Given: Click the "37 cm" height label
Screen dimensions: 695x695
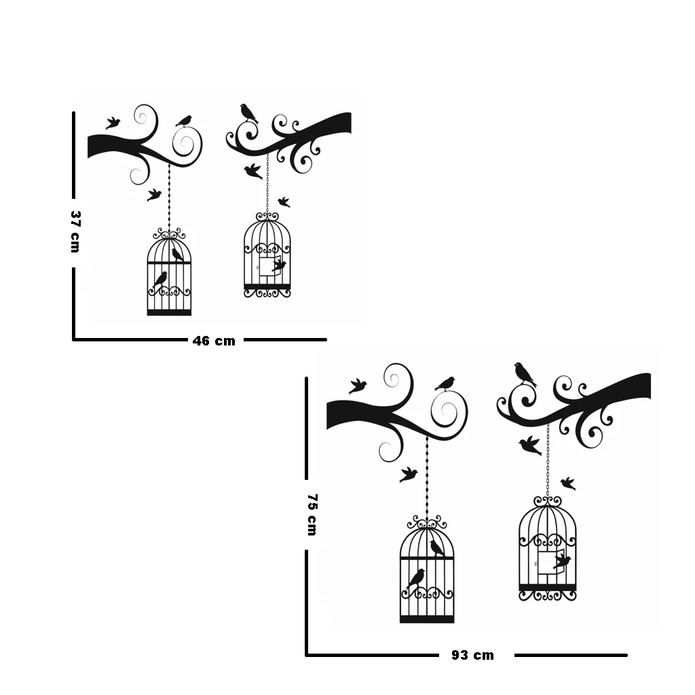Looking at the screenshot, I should (75, 231).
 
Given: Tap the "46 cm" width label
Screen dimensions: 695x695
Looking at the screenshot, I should (214, 341).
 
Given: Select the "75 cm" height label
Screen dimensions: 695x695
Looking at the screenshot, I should (312, 514).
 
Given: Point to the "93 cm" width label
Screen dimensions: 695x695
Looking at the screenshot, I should (472, 655).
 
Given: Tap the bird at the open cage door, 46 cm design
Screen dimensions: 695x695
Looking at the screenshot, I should (279, 265).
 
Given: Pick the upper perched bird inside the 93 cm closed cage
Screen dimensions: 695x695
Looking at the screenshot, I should (437, 548).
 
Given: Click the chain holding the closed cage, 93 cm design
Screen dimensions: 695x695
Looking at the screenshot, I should (427, 475).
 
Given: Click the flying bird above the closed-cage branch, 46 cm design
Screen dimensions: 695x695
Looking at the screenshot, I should (113, 123).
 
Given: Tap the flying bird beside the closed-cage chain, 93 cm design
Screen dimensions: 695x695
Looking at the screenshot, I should (408, 474).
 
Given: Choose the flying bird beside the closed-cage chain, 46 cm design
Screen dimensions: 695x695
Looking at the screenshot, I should (154, 195).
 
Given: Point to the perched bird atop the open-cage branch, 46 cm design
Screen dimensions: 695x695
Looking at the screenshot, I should (249, 113).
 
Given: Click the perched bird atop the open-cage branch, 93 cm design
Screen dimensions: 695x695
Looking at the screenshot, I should (524, 373).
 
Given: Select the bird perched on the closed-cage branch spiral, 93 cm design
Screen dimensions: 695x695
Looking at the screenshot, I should (445, 384).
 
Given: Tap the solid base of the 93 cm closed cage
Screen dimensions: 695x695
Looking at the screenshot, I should (427, 618).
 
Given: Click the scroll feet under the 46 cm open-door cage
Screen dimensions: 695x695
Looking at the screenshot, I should (267, 294).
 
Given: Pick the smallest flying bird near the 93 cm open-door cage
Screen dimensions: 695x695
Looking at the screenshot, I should (568, 483).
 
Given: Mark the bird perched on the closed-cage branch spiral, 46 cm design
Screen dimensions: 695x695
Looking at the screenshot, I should (184, 121).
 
